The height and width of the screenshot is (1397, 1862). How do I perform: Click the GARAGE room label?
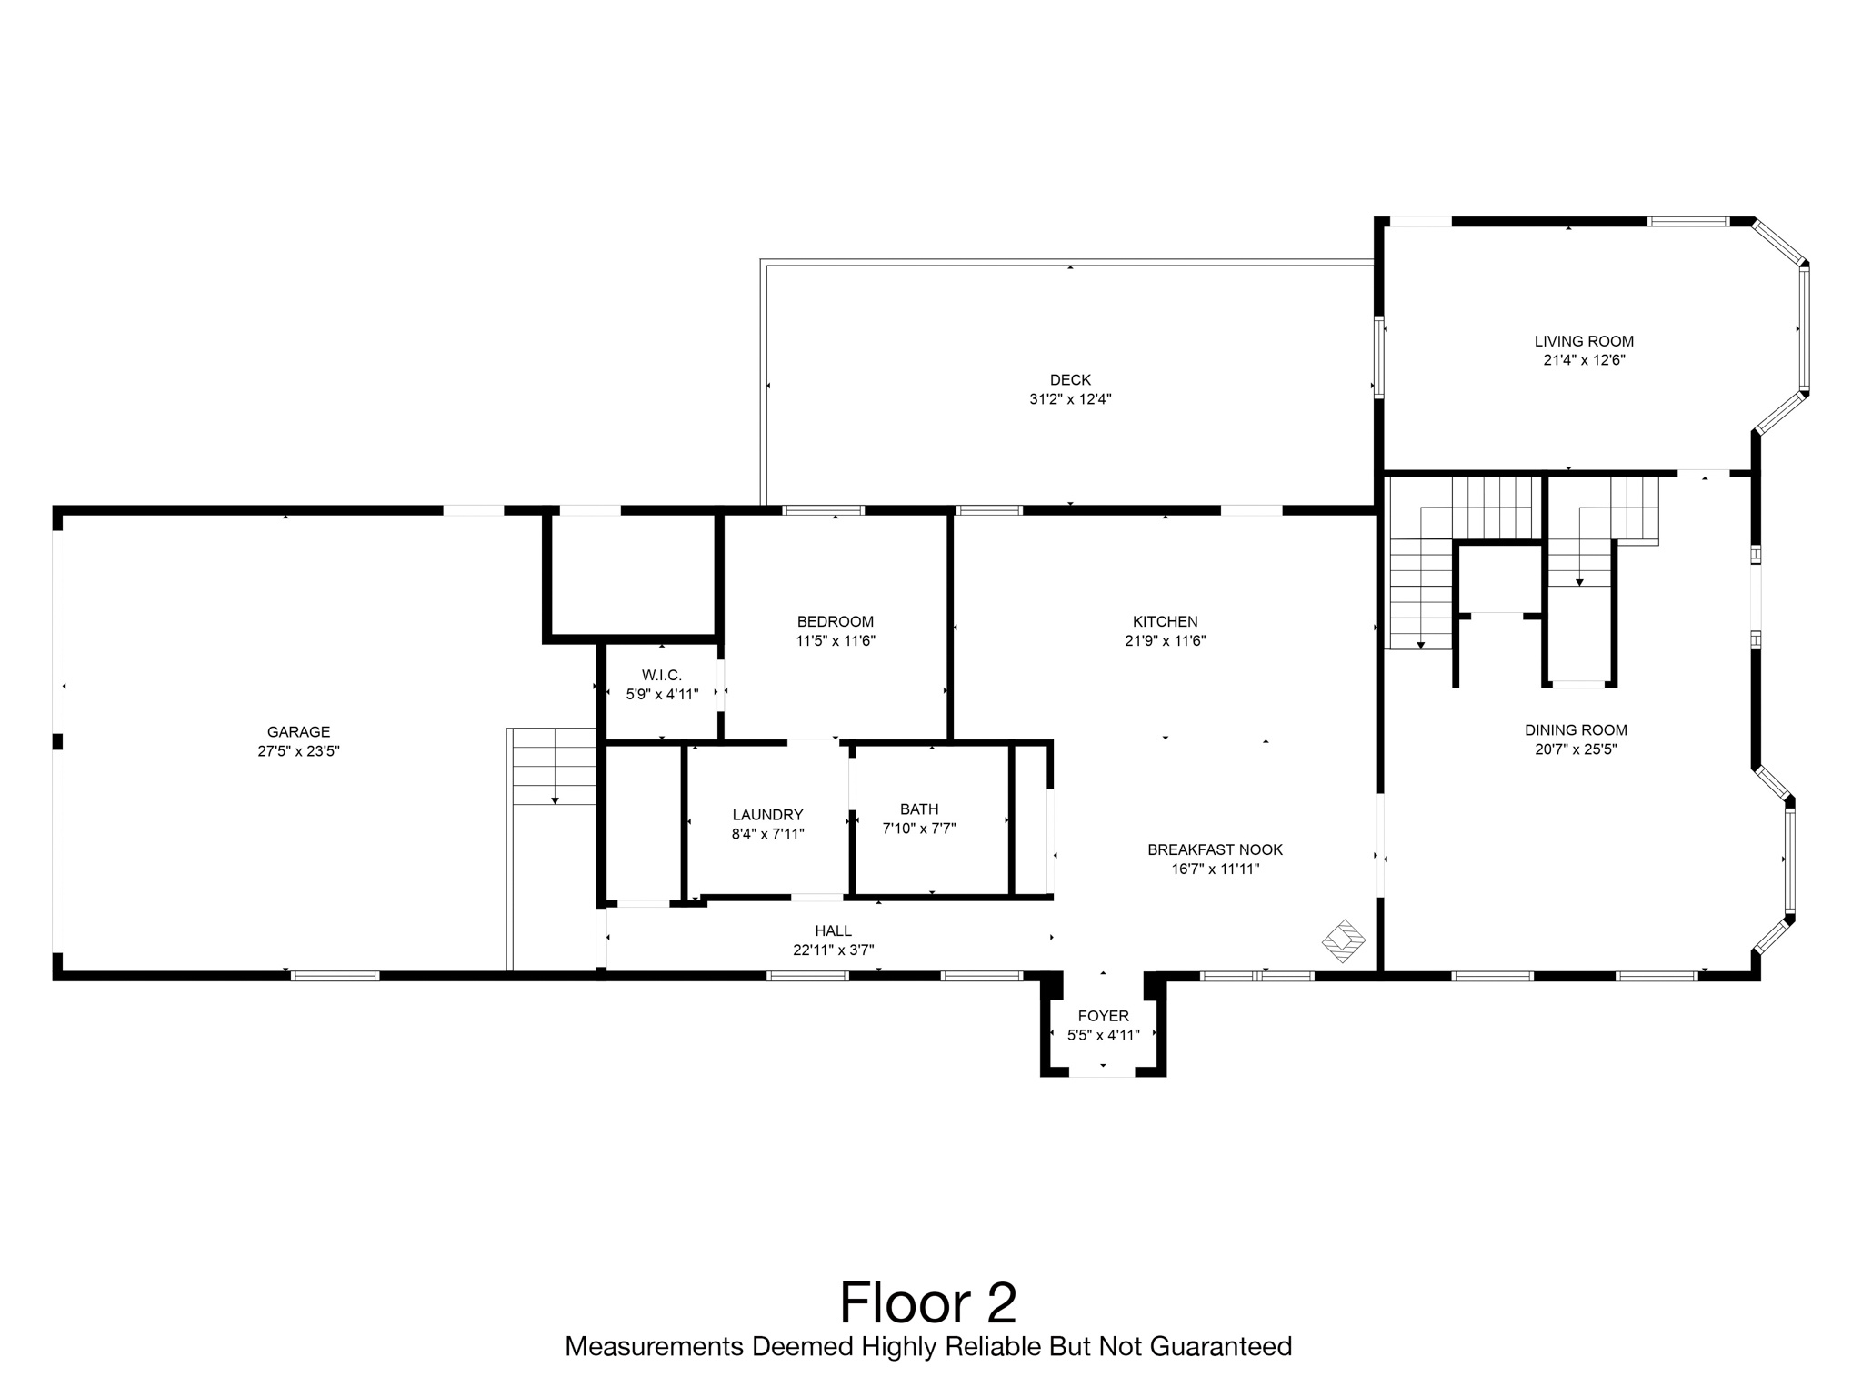[x=298, y=732]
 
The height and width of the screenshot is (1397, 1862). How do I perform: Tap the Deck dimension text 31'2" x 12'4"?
[x=1070, y=399]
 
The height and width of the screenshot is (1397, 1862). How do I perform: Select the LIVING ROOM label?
[x=1584, y=341]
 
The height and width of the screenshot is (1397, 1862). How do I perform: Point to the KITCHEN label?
[x=1165, y=622]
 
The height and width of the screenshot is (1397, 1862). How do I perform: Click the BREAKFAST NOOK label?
[x=1215, y=850]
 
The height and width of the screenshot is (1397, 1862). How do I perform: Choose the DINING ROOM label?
[x=1576, y=730]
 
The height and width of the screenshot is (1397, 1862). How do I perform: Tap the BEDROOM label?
[x=835, y=622]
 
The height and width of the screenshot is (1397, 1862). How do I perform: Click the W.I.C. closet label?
[x=661, y=675]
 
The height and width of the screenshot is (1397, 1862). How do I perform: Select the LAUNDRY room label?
[x=767, y=815]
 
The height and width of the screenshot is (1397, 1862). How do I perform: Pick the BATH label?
[x=919, y=809]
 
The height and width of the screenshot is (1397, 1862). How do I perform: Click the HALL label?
[x=833, y=931]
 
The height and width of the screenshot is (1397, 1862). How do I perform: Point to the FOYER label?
[x=1103, y=1017]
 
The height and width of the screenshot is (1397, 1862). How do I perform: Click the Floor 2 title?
[x=928, y=1302]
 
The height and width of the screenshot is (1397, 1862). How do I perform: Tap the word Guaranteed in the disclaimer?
[x=1221, y=1347]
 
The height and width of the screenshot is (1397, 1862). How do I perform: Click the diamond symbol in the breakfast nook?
[x=1343, y=941]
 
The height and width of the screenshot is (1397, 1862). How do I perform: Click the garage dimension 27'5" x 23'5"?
[x=298, y=752]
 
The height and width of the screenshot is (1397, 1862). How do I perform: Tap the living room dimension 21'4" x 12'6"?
[x=1584, y=360]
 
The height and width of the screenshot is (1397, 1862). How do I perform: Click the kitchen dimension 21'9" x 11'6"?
[x=1165, y=641]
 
